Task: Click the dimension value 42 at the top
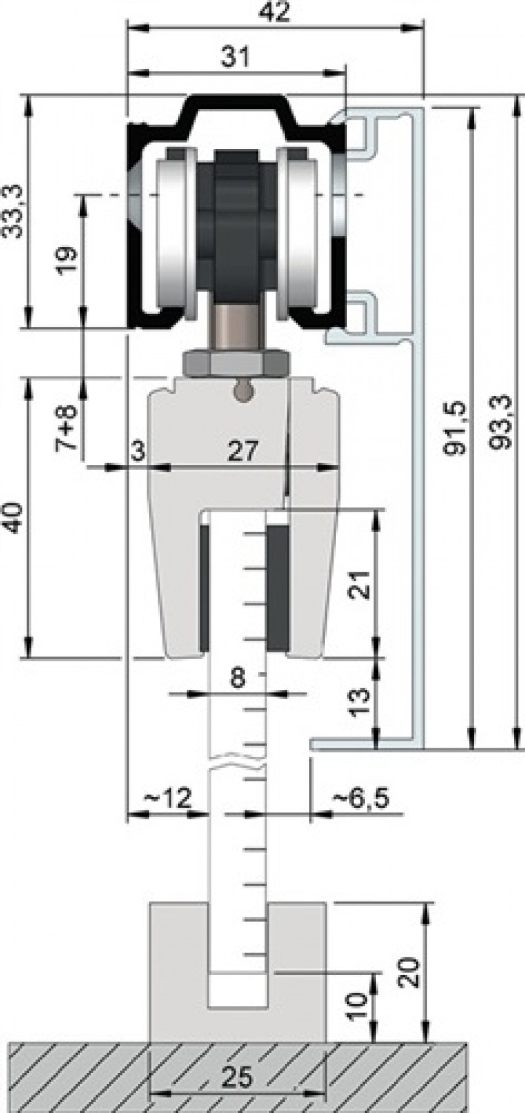pyautogui.click(x=274, y=14)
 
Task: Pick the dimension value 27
pyautogui.click(x=243, y=451)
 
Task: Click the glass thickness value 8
pyautogui.click(x=238, y=677)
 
